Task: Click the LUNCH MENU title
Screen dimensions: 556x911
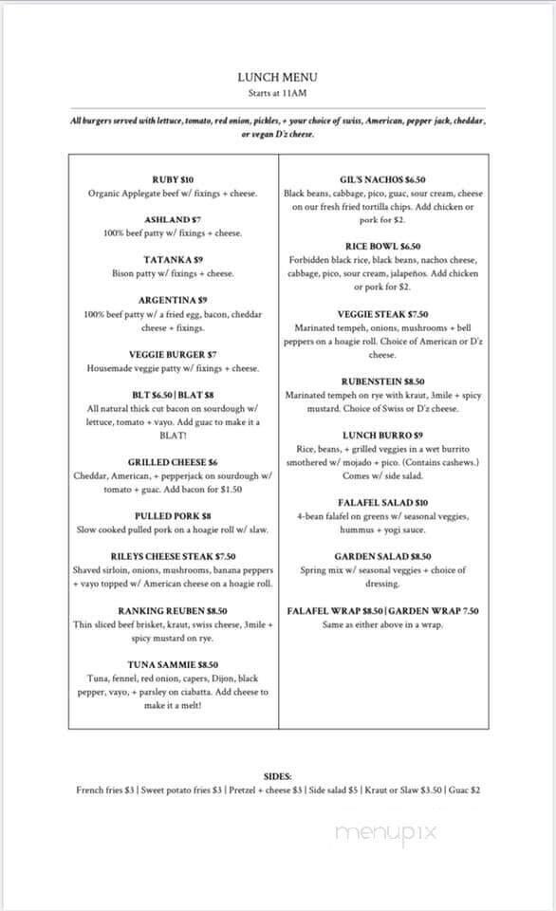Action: pyautogui.click(x=278, y=78)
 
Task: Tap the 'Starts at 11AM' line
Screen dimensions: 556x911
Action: pyautogui.click(x=278, y=93)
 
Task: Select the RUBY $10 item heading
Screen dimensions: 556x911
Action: pyautogui.click(x=173, y=179)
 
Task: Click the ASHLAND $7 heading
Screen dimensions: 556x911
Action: pyautogui.click(x=173, y=219)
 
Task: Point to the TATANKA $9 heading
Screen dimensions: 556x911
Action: pyautogui.click(x=173, y=259)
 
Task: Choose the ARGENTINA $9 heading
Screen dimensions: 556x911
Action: pyautogui.click(x=173, y=300)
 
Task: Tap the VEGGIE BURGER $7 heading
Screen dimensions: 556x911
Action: pyautogui.click(x=173, y=354)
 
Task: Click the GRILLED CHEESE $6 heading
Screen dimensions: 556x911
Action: pyautogui.click(x=173, y=461)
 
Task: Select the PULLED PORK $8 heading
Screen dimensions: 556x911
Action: pyautogui.click(x=173, y=515)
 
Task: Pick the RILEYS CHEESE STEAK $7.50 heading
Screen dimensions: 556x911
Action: pyautogui.click(x=173, y=556)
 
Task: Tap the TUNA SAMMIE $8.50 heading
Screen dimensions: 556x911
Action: pyautogui.click(x=173, y=664)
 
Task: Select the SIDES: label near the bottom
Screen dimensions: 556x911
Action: pyautogui.click(x=278, y=774)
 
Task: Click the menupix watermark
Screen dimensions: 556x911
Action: pyautogui.click(x=385, y=831)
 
